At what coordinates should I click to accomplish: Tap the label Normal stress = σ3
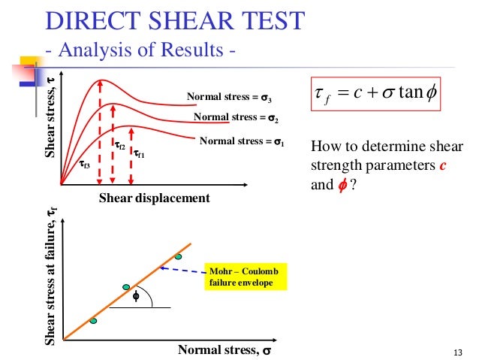(229, 97)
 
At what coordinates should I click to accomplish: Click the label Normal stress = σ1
(242, 141)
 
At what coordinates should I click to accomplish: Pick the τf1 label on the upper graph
(140, 154)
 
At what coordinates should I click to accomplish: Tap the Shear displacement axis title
(154, 198)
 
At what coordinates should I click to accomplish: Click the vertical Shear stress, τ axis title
(50, 124)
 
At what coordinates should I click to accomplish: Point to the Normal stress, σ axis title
(225, 349)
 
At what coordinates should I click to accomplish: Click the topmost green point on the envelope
(179, 257)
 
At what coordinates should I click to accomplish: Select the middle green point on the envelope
(126, 287)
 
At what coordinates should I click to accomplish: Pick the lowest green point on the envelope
(93, 321)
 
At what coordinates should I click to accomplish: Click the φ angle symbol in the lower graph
(136, 296)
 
